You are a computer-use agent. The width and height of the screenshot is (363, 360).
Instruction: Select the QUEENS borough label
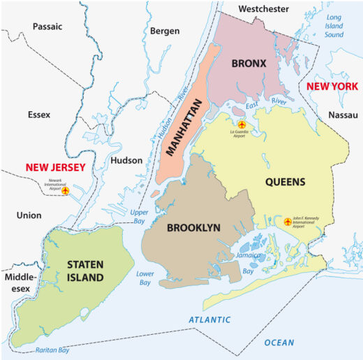click(285, 182)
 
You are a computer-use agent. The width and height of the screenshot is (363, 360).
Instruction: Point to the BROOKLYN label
click(193, 227)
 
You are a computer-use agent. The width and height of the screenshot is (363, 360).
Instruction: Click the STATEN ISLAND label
click(85, 271)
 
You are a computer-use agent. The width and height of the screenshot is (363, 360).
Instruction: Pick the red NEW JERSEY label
click(55, 168)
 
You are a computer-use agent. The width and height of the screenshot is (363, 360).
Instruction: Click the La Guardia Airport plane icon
click(242, 124)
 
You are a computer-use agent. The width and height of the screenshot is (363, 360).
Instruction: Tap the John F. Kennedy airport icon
click(287, 222)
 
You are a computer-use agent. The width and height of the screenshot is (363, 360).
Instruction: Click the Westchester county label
click(263, 9)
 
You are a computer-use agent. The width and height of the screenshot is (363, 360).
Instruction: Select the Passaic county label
click(47, 27)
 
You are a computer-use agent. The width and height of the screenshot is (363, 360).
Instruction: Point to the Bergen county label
click(165, 31)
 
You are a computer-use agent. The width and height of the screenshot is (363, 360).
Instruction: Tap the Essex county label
click(40, 114)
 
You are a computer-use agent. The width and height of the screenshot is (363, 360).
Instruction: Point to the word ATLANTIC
click(210, 319)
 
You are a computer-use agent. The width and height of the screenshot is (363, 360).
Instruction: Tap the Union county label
click(29, 216)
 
